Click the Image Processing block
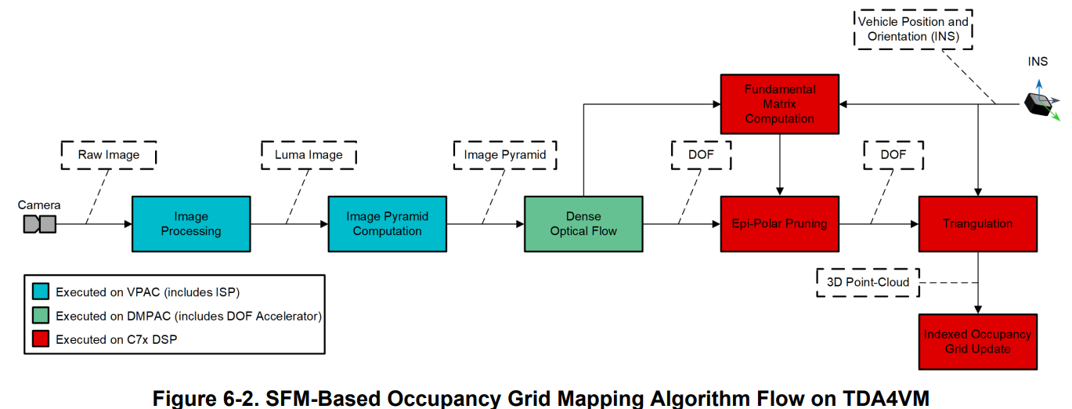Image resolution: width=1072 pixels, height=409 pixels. [191, 223]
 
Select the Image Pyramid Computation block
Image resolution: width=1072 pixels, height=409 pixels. [387, 223]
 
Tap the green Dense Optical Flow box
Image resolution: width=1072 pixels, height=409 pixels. [583, 223]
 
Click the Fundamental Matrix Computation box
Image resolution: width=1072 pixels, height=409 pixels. [779, 104]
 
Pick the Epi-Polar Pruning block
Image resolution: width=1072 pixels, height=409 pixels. [779, 223]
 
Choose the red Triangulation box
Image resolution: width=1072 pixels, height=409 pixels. [977, 223]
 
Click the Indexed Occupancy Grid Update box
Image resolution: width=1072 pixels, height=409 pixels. [977, 342]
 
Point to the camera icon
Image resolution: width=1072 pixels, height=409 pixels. [40, 224]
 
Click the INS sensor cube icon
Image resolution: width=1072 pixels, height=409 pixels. [1040, 103]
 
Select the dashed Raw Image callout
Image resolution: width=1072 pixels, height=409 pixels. [109, 154]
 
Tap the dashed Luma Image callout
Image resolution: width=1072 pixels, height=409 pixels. [309, 154]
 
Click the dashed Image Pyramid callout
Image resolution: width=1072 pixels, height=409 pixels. [505, 154]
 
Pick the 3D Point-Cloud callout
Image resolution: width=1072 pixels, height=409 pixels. [868, 282]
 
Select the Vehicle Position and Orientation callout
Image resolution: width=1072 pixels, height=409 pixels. [912, 29]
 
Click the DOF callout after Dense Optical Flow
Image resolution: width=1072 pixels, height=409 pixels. [701, 154]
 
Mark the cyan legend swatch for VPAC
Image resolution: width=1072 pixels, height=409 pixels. [41, 292]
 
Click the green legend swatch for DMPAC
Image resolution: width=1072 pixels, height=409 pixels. [41, 316]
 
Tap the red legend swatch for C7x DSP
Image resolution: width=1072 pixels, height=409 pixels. [41, 339]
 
